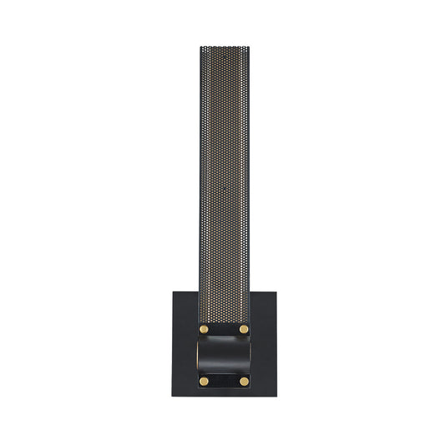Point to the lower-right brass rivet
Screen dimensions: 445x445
pyautogui.click(x=244, y=382)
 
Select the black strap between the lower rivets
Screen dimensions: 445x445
pyautogui.click(x=223, y=382)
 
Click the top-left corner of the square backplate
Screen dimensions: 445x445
pyautogui.click(x=174, y=291)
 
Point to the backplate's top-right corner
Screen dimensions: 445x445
pyautogui.click(x=274, y=291)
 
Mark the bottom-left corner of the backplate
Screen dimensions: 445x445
pyautogui.click(x=174, y=395)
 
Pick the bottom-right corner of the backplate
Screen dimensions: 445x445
pyautogui.click(x=274, y=395)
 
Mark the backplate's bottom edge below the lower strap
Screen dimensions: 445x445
pyautogui.click(x=223, y=394)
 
